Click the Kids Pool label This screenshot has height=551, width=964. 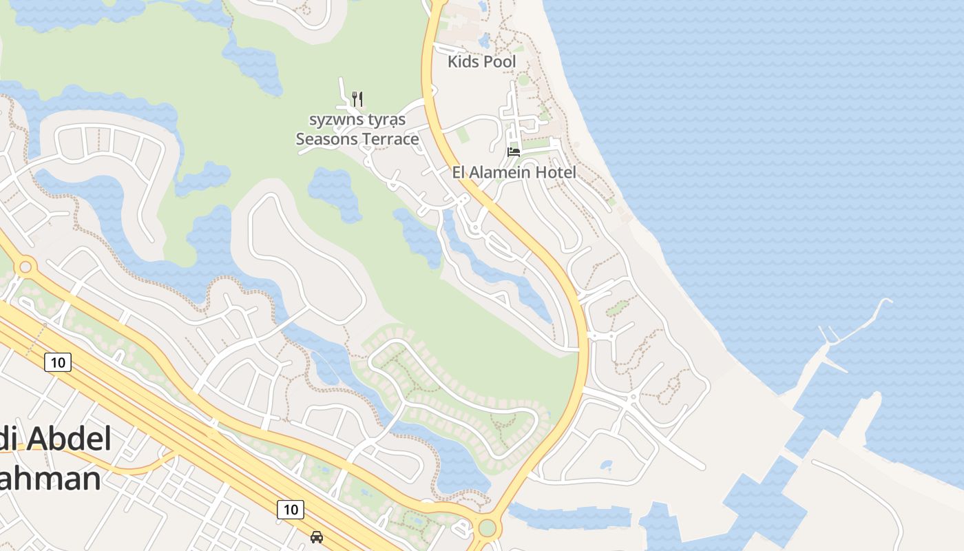click(481, 61)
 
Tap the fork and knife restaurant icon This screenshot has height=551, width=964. click(357, 99)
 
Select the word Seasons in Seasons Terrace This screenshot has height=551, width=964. click(327, 139)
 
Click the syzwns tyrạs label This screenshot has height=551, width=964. click(357, 120)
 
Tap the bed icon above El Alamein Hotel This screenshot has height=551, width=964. click(514, 152)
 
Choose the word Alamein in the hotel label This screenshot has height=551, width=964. click(503, 172)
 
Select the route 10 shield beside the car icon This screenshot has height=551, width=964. click(290, 510)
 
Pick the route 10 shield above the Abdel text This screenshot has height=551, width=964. click(58, 362)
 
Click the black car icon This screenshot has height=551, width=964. click(316, 537)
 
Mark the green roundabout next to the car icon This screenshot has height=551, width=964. click(487, 529)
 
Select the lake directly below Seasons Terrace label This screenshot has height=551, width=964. click(334, 189)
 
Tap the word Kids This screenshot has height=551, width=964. click(463, 61)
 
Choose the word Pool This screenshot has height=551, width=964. click(499, 61)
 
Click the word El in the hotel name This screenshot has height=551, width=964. click(459, 172)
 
